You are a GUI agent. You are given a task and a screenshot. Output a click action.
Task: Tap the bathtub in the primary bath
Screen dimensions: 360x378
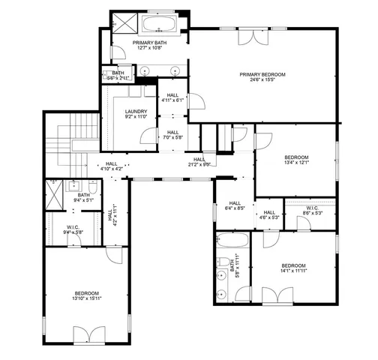click(x=158, y=23)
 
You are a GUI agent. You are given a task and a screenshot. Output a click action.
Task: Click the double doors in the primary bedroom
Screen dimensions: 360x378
click(x=248, y=37)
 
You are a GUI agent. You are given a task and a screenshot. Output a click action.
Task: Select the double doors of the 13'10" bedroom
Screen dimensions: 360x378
click(x=87, y=334)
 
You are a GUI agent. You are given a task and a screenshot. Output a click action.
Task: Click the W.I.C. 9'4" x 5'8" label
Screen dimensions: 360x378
click(x=73, y=230)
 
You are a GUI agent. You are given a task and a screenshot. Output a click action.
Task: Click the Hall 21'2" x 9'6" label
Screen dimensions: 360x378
click(x=199, y=161)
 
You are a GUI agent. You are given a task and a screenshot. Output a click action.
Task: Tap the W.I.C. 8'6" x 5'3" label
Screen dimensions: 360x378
click(x=312, y=211)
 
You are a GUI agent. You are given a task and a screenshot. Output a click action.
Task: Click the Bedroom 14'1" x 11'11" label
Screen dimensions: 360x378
click(x=293, y=268)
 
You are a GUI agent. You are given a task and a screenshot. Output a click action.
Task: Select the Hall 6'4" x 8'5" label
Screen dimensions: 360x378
click(x=234, y=205)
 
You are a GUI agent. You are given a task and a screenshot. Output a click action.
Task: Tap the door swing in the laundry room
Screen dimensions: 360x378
click(x=147, y=133)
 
